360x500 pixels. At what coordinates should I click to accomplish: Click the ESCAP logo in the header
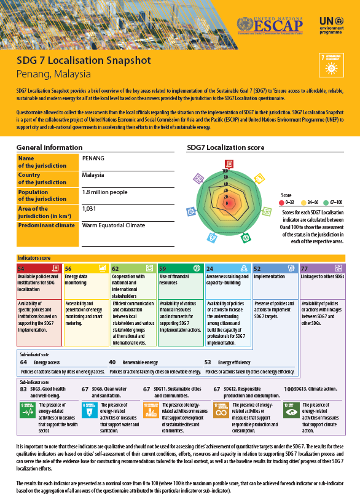pos(270,25)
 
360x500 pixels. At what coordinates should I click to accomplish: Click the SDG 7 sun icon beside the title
pos(332,64)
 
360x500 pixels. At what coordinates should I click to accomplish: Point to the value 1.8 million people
pos(104,192)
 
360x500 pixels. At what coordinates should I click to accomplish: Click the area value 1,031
pos(89,209)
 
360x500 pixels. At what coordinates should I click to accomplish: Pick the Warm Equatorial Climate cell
pos(113,225)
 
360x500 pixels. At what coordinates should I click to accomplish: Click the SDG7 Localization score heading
pos(225,148)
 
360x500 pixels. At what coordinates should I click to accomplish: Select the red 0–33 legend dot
pos(282,201)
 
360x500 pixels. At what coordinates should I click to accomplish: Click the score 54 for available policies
pos(22,268)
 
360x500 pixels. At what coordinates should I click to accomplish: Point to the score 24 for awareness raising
pos(210,268)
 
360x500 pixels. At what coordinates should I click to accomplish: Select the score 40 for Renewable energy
pos(112,362)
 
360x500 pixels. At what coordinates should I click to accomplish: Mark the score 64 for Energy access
pos(23,362)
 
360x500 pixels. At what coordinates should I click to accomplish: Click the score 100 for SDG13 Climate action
pos(289,389)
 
